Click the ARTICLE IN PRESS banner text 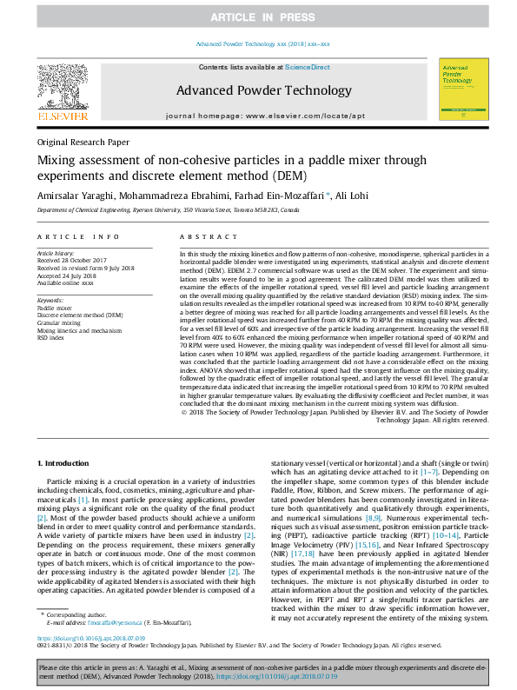pos(258,17)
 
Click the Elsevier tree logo pos(62,86)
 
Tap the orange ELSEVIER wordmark pos(62,115)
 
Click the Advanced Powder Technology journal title pos(258,90)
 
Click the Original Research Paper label pos(83,142)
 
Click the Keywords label pos(50,300)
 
